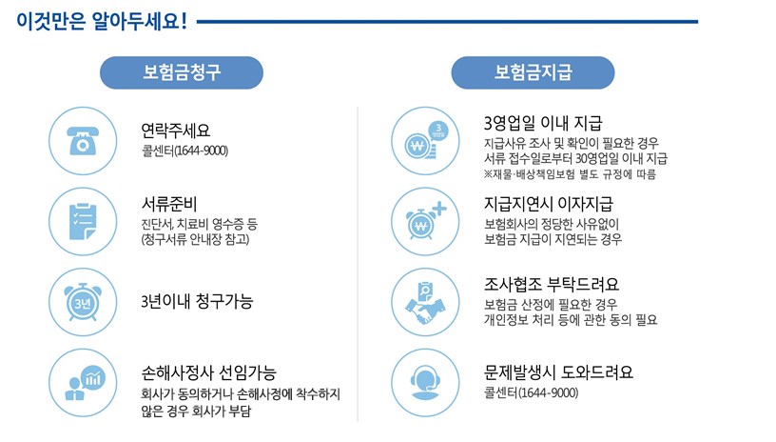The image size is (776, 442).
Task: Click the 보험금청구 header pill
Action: (x=182, y=72)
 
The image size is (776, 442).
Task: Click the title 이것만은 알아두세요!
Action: (x=101, y=20)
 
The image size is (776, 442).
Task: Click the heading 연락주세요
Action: (x=175, y=130)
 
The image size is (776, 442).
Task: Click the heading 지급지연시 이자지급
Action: (x=548, y=204)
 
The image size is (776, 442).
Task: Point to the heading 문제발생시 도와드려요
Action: (x=558, y=372)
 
